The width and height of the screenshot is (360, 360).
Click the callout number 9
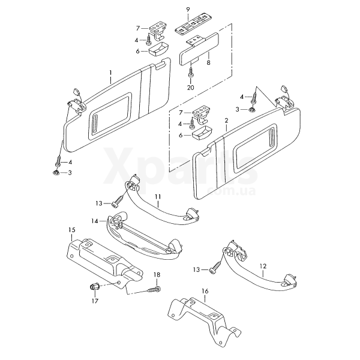point(188,10)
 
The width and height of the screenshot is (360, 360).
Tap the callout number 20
point(191,88)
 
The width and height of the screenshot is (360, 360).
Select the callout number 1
point(110,73)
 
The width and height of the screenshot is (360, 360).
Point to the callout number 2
point(227,121)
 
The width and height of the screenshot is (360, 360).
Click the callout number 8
point(208,62)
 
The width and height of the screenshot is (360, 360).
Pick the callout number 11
point(158,197)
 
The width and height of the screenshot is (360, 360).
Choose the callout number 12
point(263,266)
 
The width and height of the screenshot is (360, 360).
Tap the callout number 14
point(95,221)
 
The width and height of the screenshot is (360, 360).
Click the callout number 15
point(72,230)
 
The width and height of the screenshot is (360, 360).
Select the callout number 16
point(205,292)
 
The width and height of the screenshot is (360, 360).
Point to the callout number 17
point(95,301)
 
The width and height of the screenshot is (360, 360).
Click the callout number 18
point(157,275)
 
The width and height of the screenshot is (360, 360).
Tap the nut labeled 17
point(94,287)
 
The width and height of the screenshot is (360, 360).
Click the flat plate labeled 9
point(194,23)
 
